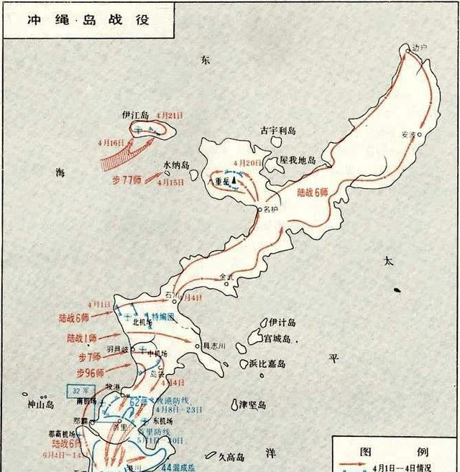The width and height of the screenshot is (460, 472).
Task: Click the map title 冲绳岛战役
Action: (x=88, y=19)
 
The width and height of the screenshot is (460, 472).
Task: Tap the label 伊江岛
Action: (x=134, y=115)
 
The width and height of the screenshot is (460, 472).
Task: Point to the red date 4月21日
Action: (x=170, y=115)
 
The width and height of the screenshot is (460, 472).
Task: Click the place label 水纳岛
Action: (x=176, y=165)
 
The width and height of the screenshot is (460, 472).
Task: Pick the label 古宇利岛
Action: (x=277, y=131)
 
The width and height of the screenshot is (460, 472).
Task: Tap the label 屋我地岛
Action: (x=298, y=160)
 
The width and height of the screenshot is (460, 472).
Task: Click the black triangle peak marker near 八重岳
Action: (x=234, y=180)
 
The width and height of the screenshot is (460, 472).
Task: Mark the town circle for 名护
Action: (x=259, y=209)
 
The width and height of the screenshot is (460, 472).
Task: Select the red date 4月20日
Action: (x=249, y=163)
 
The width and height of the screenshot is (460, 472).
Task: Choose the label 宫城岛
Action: (x=277, y=338)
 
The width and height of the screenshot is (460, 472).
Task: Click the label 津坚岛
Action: (x=253, y=404)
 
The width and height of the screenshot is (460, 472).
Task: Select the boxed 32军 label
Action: (x=77, y=391)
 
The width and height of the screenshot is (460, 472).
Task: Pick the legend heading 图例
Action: (x=395, y=453)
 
